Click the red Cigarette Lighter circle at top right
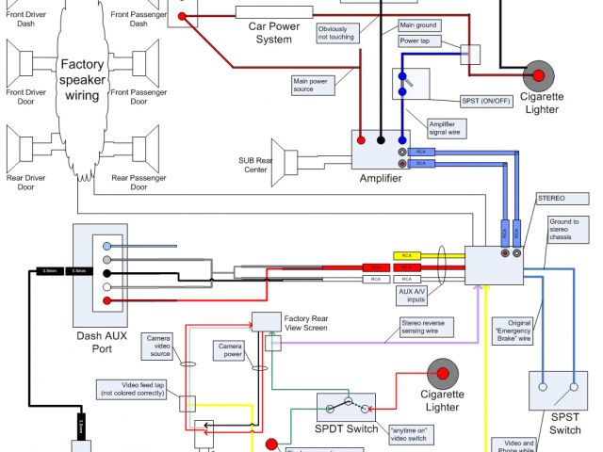540,75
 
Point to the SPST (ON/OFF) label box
484,101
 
